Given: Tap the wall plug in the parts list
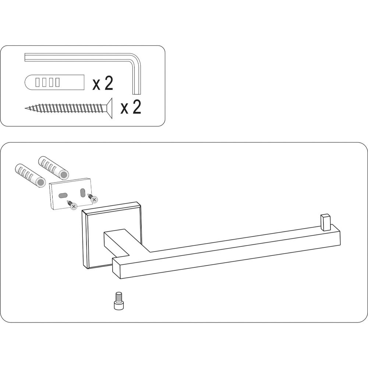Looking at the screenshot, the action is point(54,82).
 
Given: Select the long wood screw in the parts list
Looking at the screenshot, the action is point(68,108).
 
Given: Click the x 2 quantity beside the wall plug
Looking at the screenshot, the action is point(103,83).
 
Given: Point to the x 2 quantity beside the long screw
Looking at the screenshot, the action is point(131,107).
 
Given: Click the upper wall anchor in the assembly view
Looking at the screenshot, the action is point(53,167).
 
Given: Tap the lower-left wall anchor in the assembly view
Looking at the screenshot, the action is point(30,175).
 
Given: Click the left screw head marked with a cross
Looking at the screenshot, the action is point(74,206).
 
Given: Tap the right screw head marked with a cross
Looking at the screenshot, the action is point(94,199).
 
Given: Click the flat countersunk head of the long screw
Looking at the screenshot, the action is point(109,108).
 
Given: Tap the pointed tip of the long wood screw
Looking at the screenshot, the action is point(25,108).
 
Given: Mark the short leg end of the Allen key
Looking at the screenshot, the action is point(137,94).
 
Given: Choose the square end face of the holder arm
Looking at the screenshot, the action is point(117,269).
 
